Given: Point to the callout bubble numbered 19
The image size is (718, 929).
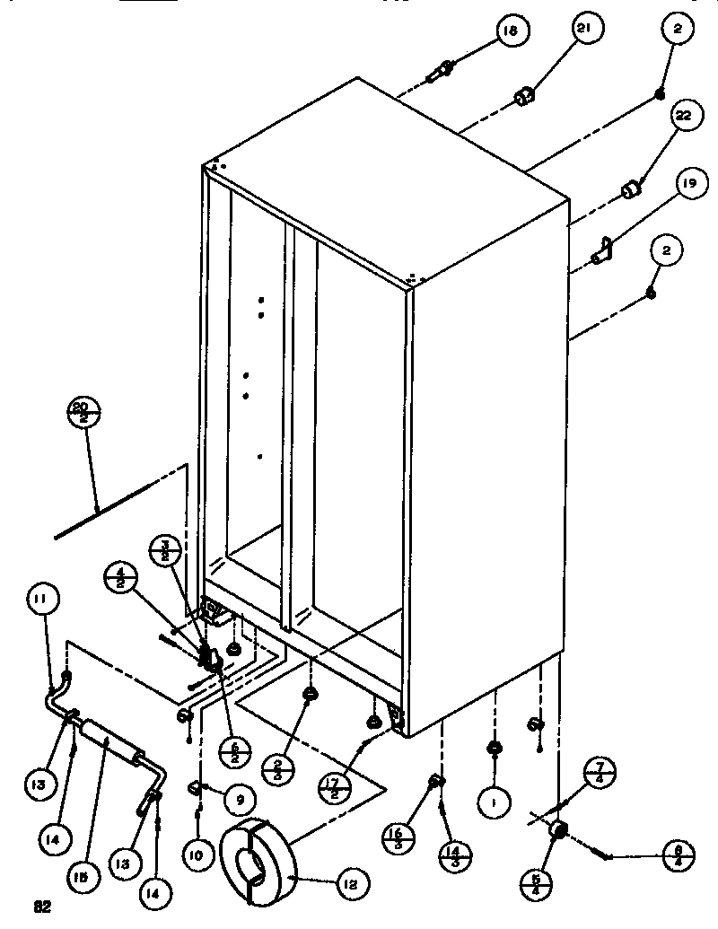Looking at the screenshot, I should click(687, 187).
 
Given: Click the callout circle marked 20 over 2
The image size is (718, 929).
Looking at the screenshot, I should click(83, 414).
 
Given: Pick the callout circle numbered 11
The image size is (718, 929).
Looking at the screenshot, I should click(44, 600).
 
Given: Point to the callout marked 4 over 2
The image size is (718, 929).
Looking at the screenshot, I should click(119, 575).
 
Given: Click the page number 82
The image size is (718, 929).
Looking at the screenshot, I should click(41, 907).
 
